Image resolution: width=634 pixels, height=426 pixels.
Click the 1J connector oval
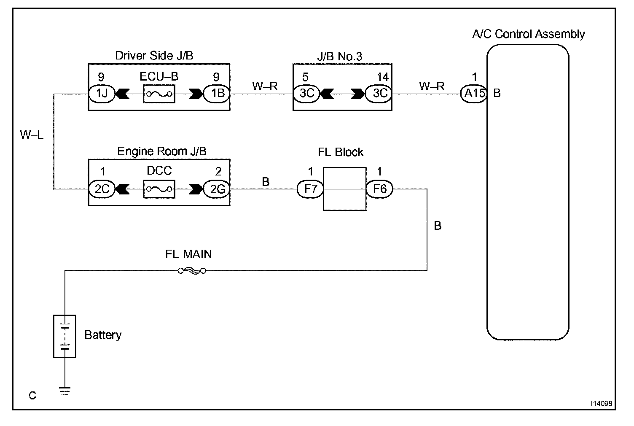[102, 94]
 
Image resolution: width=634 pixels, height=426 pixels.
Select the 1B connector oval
[217, 94]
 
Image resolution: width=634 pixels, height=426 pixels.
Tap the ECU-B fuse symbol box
[159, 94]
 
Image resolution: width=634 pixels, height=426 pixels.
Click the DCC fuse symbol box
[159, 189]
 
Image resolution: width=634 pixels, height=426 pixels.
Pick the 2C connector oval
[102, 189]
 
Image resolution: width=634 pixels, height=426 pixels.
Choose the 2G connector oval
[217, 189]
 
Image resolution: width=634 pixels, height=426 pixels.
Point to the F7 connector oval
[310, 189]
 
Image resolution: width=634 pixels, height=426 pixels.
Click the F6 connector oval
[379, 189]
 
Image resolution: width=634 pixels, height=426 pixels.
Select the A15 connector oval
[474, 94]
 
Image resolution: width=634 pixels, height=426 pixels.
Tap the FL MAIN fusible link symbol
[192, 271]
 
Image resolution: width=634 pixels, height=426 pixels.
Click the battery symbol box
[65, 336]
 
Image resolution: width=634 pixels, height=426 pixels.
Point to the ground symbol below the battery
[65, 391]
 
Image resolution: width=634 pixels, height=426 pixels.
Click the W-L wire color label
[32, 135]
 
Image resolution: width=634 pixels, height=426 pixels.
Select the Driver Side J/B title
[154, 56]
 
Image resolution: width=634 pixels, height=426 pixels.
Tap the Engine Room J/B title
[162, 151]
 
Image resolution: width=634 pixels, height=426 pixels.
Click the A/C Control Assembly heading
[529, 34]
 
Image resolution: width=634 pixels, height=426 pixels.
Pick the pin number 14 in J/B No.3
[383, 77]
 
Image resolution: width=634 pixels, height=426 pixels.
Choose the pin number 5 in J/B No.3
[305, 77]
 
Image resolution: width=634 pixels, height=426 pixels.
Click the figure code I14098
[601, 404]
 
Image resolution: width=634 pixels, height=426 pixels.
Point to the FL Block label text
[341, 152]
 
